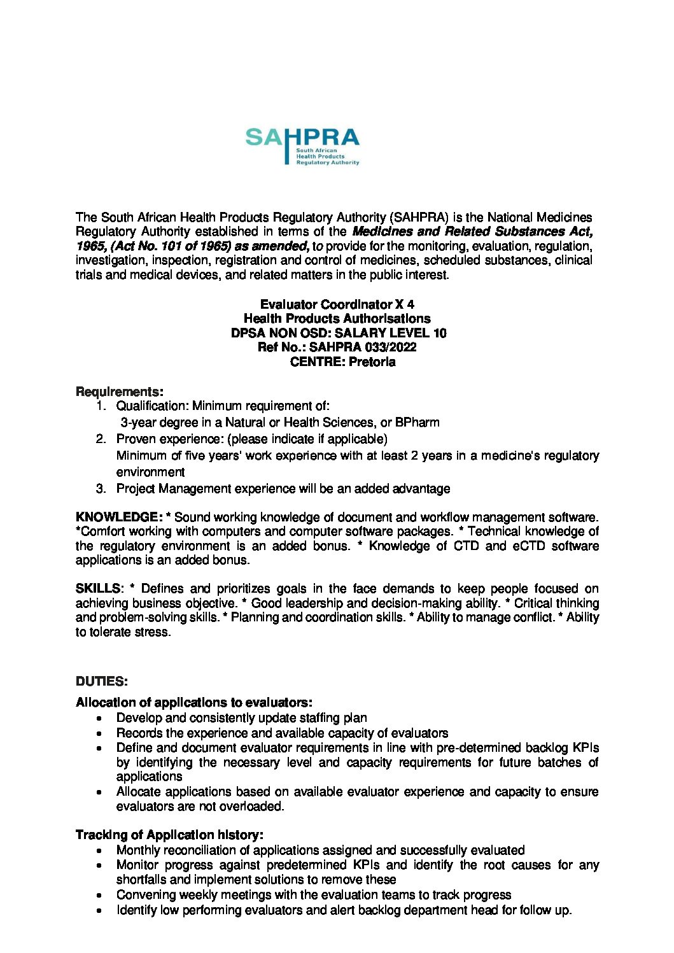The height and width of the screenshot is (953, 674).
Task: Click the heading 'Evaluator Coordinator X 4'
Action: point(337,304)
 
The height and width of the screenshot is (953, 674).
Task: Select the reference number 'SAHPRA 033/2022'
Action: point(363,347)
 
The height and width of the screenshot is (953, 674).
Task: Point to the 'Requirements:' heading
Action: point(120,391)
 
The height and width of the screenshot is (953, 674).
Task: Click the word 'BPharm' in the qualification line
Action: point(417,422)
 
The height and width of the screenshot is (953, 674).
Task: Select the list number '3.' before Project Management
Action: point(101,488)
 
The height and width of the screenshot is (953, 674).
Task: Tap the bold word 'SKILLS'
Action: point(98,588)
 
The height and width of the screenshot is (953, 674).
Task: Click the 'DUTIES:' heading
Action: point(102,681)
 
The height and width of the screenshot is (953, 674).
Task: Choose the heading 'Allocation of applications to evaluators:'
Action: point(194,702)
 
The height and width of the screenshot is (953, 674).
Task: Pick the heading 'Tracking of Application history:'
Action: point(169,835)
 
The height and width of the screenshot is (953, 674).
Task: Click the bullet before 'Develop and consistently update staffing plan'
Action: point(99,718)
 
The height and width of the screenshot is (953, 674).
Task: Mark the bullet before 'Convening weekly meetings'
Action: point(99,895)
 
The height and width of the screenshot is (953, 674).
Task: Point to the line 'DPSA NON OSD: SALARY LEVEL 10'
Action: point(339,333)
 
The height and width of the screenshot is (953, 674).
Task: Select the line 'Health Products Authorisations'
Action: point(337,318)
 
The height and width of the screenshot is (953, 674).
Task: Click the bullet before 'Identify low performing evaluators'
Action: point(99,910)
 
